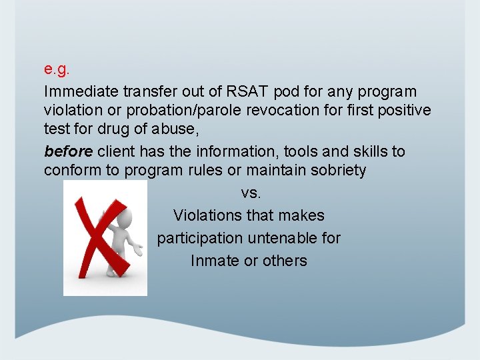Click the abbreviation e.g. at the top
pyautogui.click(x=57, y=69)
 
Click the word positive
pyautogui.click(x=401, y=110)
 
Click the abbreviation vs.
pyautogui.click(x=250, y=193)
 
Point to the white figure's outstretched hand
pyautogui.click(x=139, y=252)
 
